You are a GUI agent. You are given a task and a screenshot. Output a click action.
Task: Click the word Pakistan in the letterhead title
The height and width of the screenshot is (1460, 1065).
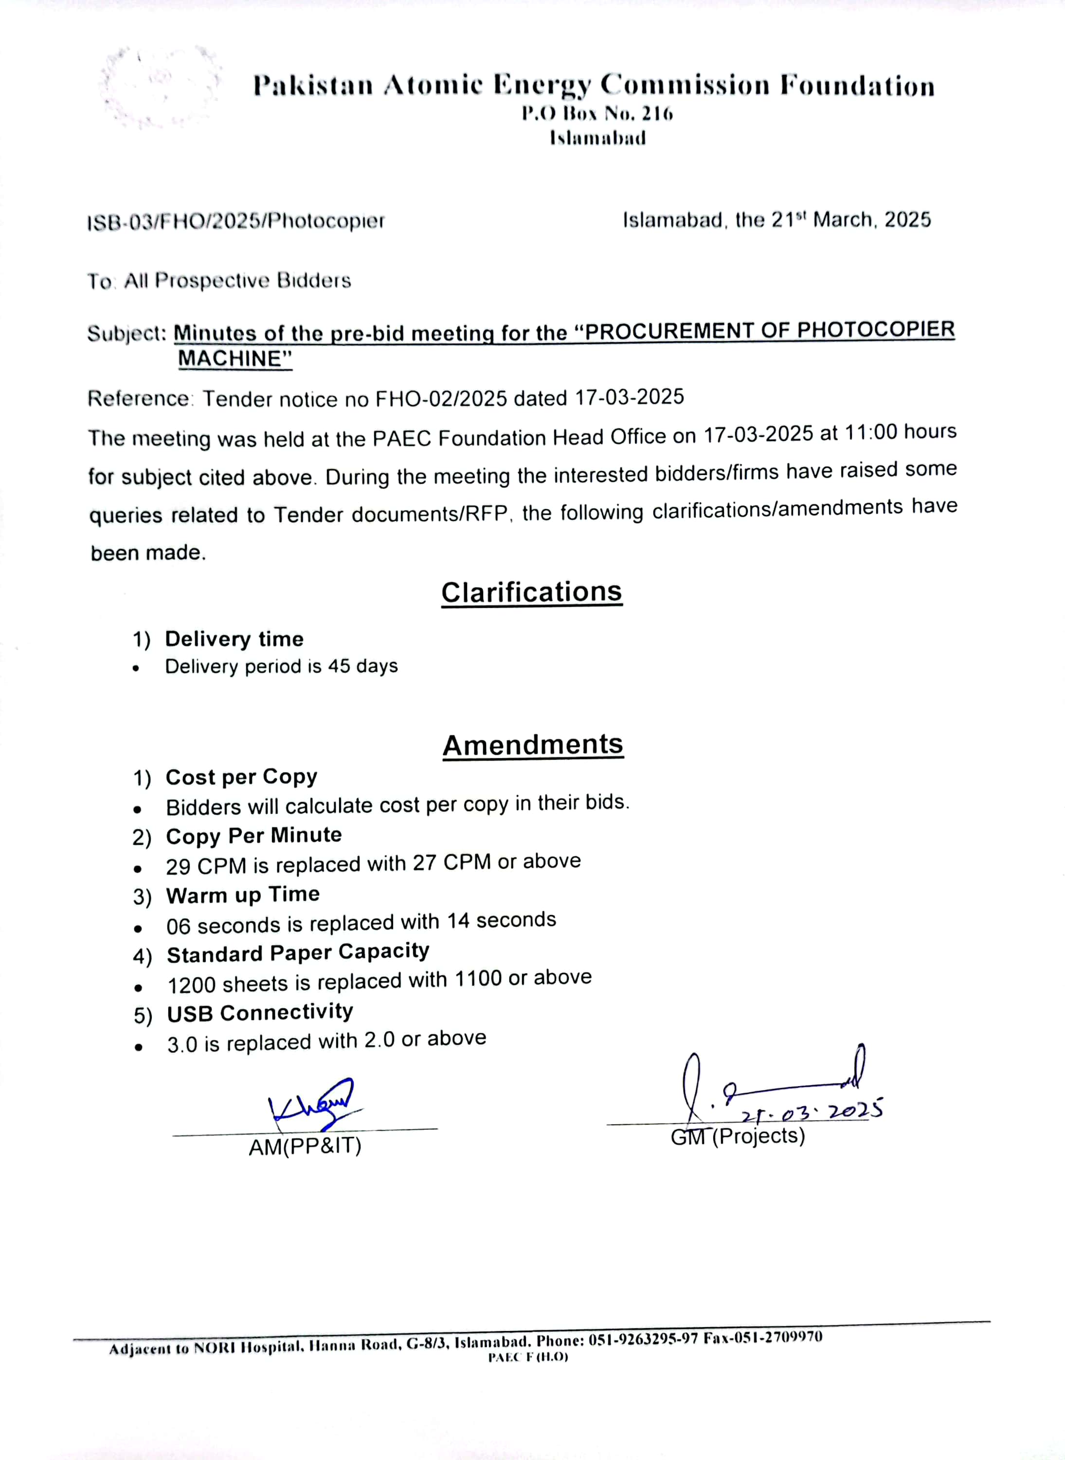coord(313,86)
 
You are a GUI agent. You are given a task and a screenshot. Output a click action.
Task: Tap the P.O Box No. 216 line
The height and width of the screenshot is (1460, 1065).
coord(597,114)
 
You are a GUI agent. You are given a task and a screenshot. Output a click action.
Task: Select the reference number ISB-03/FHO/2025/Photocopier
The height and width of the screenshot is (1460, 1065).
coord(236,221)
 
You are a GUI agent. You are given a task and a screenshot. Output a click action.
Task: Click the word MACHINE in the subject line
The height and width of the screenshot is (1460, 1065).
coord(235,359)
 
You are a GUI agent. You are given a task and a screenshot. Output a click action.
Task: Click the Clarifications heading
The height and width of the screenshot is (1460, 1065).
coord(532,592)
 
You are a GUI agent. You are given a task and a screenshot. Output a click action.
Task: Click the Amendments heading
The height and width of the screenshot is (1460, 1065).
coord(533,745)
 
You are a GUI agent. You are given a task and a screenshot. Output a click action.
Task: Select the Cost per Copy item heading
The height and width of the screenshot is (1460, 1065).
coord(241,777)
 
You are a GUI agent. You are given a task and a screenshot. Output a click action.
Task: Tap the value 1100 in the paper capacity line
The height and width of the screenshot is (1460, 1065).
coord(478,979)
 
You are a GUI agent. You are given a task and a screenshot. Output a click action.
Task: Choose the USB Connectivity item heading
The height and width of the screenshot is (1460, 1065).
coord(260,1012)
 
